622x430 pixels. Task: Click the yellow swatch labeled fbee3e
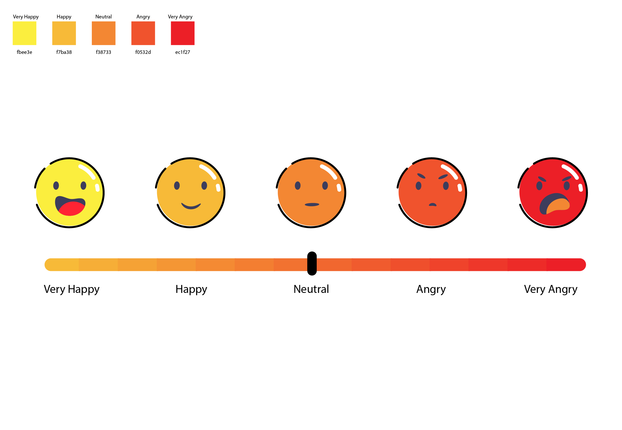point(24,33)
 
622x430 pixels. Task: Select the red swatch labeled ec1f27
point(182,33)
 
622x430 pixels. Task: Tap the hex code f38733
point(103,52)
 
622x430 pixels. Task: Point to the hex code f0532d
point(143,52)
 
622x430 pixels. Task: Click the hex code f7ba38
point(64,52)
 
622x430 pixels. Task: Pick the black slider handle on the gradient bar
point(312,264)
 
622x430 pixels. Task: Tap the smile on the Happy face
point(191,206)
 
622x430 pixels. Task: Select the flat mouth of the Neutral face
point(312,205)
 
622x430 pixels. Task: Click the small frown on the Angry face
point(433,205)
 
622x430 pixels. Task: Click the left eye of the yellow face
point(56,186)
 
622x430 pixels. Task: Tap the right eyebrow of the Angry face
point(443,177)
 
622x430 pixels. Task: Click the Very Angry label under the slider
point(550,289)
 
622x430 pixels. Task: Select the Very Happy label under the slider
point(72,289)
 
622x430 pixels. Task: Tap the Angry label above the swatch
point(143,17)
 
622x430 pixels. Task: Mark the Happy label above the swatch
point(64,17)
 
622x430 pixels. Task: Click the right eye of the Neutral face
point(325,186)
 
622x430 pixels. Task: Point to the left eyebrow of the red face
point(542,179)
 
